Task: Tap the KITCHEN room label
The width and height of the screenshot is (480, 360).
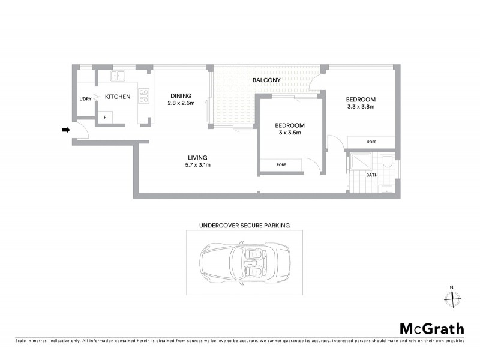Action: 118,97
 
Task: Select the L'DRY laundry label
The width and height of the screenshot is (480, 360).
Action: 85,99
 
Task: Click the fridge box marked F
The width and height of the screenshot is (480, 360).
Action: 106,118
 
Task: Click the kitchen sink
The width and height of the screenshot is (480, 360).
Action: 118,76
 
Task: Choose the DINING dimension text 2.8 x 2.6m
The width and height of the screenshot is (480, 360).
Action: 181,103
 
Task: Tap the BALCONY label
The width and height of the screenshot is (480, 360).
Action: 264,80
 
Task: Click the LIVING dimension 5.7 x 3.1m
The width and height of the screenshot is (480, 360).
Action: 197,165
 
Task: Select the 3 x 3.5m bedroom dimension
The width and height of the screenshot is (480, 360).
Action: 290,133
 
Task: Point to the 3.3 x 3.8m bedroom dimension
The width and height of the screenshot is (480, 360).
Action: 361,107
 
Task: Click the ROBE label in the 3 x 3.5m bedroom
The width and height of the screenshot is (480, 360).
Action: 281,164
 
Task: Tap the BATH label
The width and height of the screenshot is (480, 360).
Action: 372,175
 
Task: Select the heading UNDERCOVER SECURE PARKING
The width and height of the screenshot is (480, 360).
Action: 244,226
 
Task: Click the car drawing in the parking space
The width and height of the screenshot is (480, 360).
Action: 244,263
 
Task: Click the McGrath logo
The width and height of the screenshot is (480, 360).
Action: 431,328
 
